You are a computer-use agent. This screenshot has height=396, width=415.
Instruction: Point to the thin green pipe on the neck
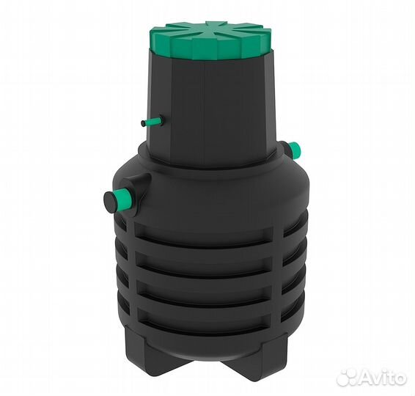tap(153, 122)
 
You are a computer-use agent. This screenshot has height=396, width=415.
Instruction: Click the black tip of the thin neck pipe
tap(143, 123)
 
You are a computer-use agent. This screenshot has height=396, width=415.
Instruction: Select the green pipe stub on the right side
tap(295, 150)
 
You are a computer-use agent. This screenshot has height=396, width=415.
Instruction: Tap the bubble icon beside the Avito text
tap(346, 377)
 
